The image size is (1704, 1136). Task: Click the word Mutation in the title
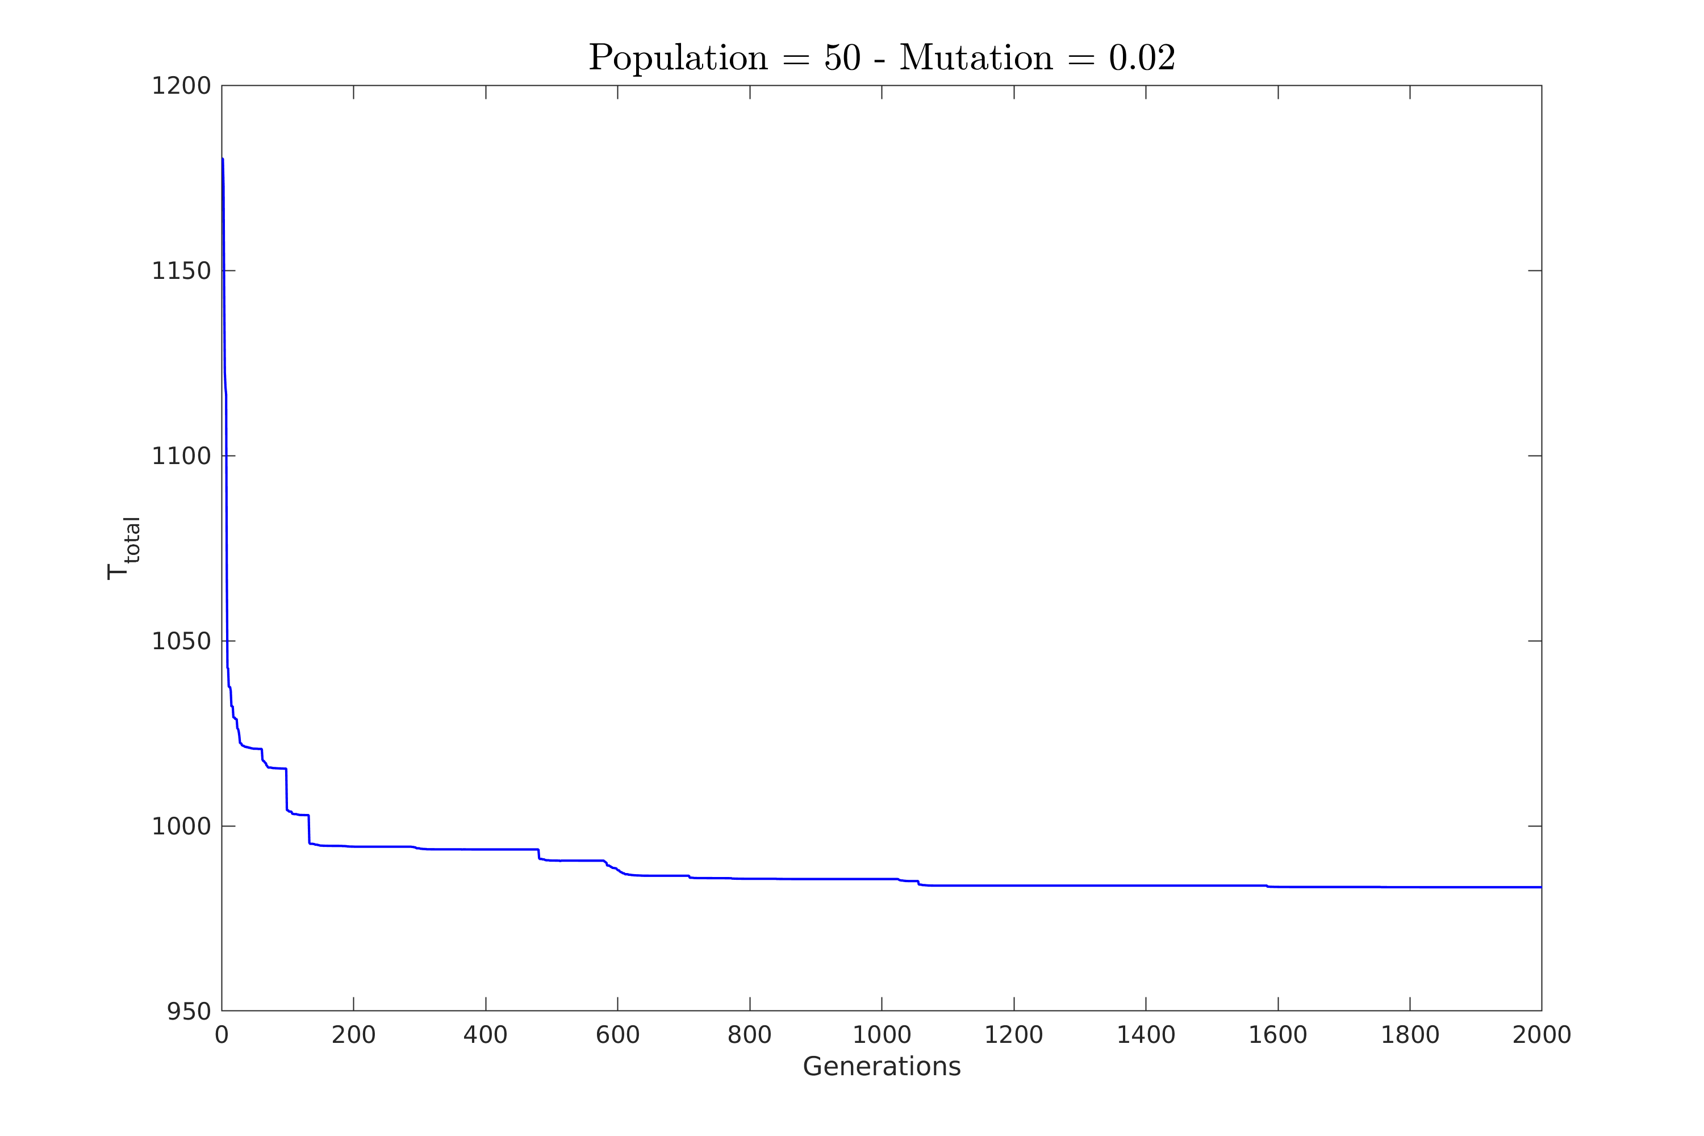tap(976, 58)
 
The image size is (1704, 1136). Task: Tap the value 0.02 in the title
tap(1142, 58)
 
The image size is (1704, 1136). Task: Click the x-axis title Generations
tap(882, 1067)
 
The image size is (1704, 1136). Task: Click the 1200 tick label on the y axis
tap(181, 86)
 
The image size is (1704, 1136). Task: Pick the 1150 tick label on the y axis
tap(181, 271)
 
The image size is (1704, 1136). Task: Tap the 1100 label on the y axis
tap(181, 457)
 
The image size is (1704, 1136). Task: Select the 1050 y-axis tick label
tap(181, 641)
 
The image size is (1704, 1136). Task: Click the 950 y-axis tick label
tap(189, 1012)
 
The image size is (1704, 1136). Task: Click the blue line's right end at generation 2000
tap(1540, 887)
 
